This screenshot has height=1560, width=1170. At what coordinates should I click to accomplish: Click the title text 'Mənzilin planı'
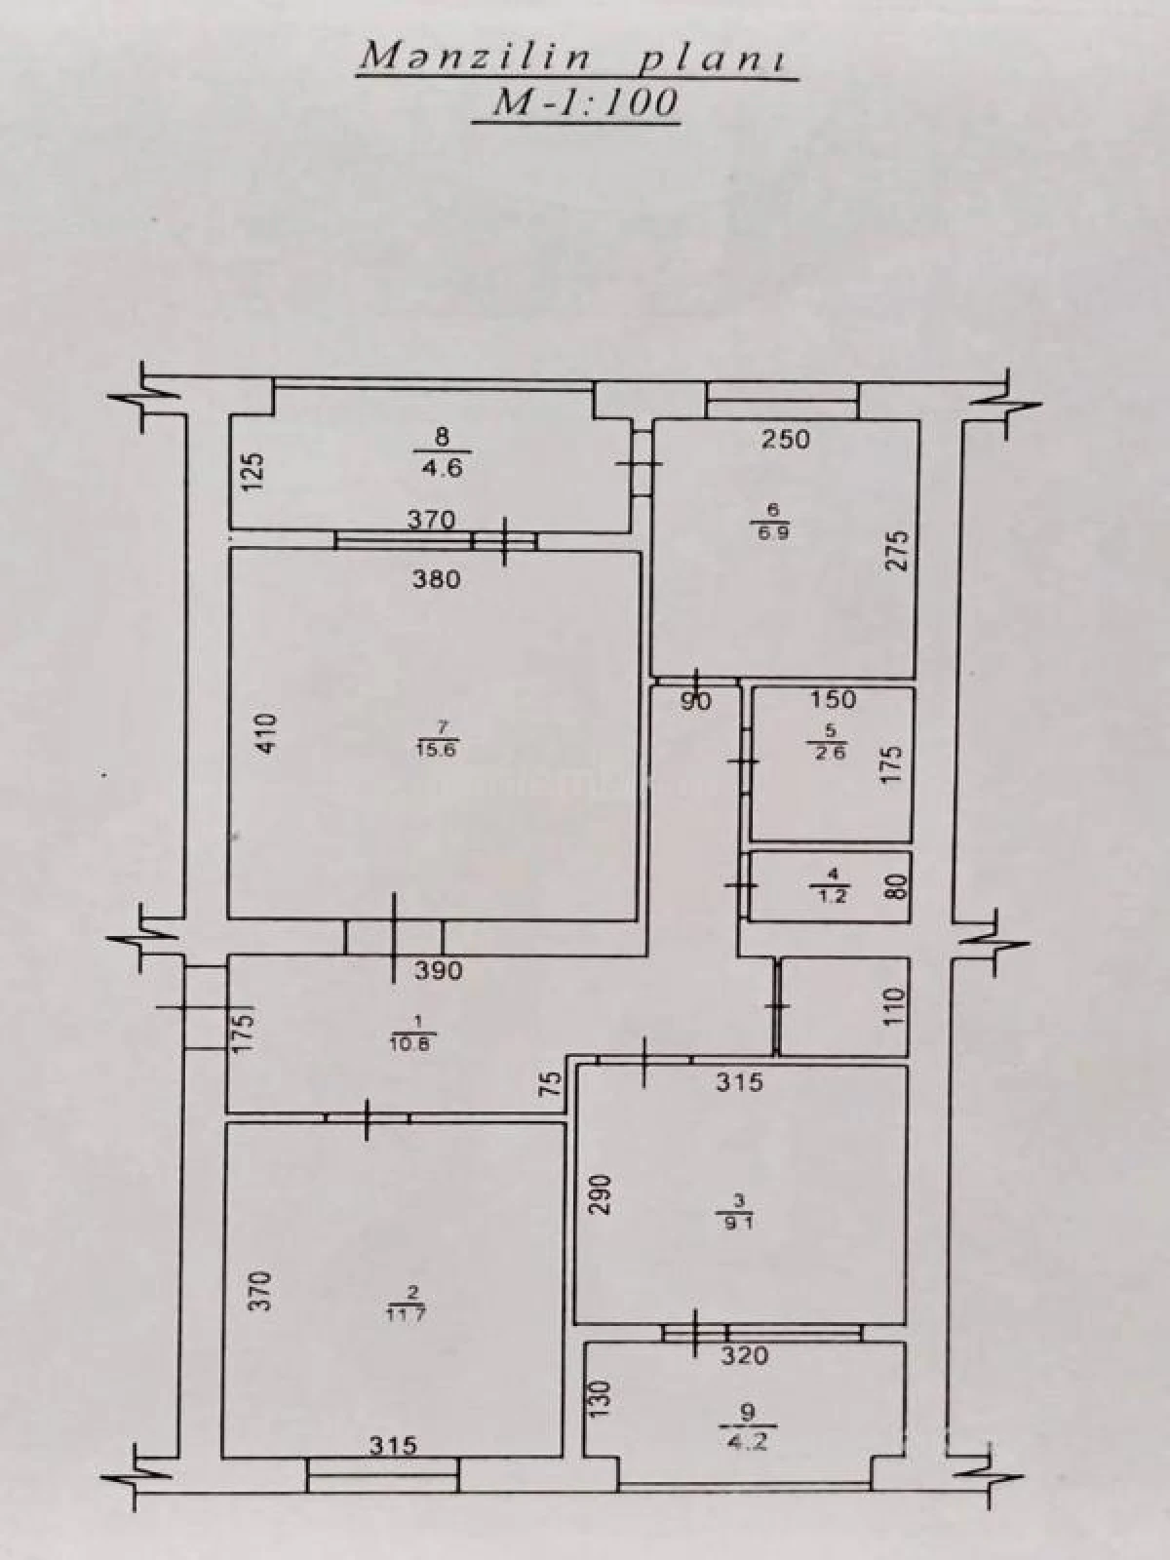[576, 58]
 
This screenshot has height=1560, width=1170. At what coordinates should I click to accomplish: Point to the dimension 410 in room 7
[268, 733]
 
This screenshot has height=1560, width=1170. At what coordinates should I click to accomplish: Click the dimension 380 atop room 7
[436, 580]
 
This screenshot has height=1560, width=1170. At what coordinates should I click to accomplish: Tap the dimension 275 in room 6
[898, 549]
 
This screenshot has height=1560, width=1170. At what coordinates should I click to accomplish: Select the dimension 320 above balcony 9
[745, 1354]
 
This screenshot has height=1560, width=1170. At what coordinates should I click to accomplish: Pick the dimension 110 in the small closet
[896, 1005]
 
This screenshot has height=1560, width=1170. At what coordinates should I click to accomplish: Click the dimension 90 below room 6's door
[695, 700]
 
